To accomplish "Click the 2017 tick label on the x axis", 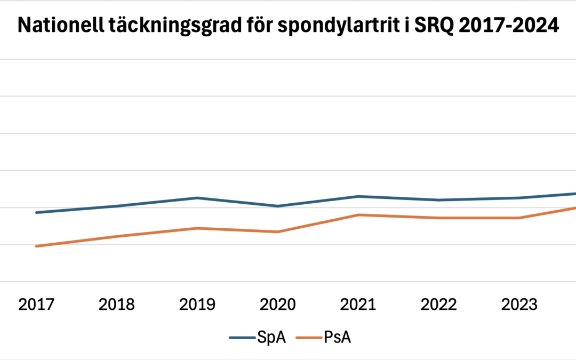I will click(36, 305).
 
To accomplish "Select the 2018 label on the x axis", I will click(117, 305).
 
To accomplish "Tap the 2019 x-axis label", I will click(197, 305).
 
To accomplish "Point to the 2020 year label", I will click(277, 305).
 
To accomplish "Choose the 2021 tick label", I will click(358, 305).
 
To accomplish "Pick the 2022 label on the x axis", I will click(438, 305).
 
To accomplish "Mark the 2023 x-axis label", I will click(519, 305).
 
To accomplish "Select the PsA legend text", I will click(337, 338).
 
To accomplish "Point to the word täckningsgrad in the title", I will click(161, 26).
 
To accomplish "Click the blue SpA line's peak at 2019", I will click(197, 198).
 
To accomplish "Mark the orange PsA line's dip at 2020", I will click(277, 231).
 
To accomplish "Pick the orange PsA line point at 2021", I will click(358, 215).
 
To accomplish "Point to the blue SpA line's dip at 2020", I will click(277, 206).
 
